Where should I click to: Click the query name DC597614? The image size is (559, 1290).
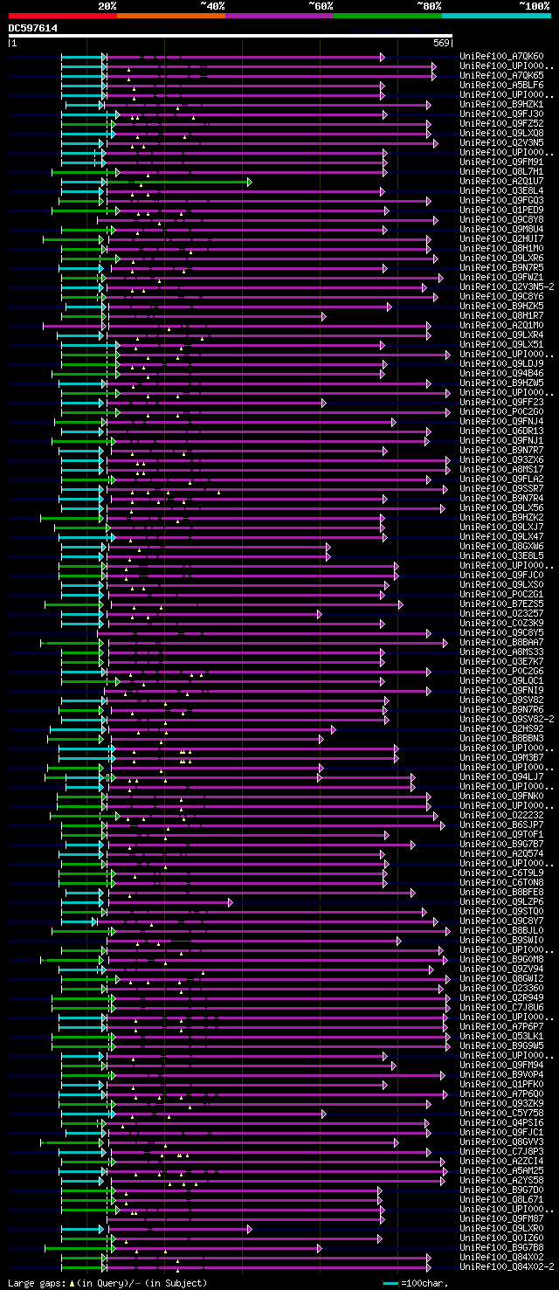(x=33, y=28)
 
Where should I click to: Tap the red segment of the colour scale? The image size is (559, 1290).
(x=62, y=16)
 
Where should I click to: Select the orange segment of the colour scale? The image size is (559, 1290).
(x=170, y=16)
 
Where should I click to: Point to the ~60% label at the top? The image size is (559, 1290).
(x=321, y=6)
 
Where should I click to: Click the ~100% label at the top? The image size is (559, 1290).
(x=535, y=6)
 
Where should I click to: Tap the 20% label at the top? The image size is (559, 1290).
(x=107, y=6)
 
